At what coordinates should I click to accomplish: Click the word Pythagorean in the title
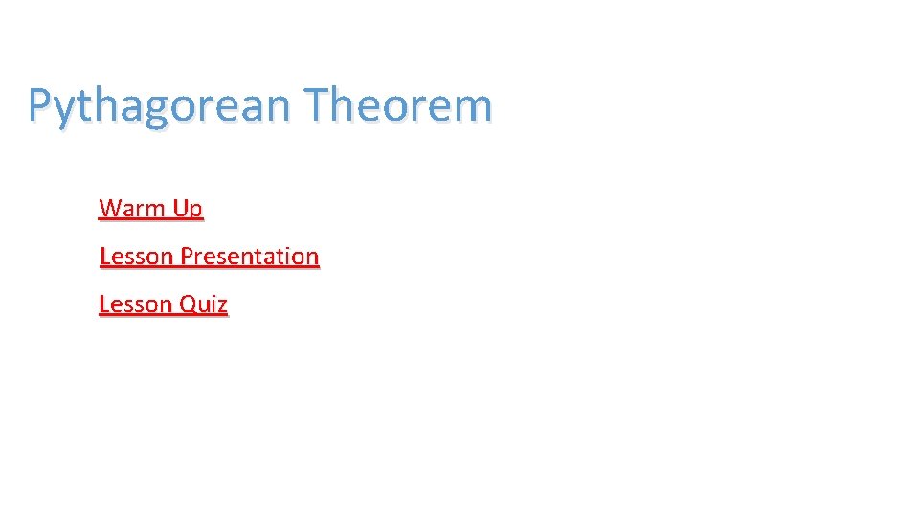click(x=158, y=105)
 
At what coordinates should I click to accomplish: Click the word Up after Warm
click(x=188, y=209)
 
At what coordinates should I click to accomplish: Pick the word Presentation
click(x=250, y=257)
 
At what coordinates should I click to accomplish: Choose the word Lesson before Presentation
click(x=136, y=257)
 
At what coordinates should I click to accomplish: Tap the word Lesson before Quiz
click(x=136, y=304)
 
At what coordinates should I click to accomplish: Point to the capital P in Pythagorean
click(x=39, y=104)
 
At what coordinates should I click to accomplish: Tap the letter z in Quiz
click(x=222, y=306)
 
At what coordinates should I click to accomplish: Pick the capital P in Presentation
click(x=187, y=257)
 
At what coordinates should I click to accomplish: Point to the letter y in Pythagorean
click(x=64, y=109)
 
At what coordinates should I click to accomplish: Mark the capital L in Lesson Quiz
click(x=103, y=304)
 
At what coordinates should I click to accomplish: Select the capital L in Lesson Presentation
click(x=103, y=257)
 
